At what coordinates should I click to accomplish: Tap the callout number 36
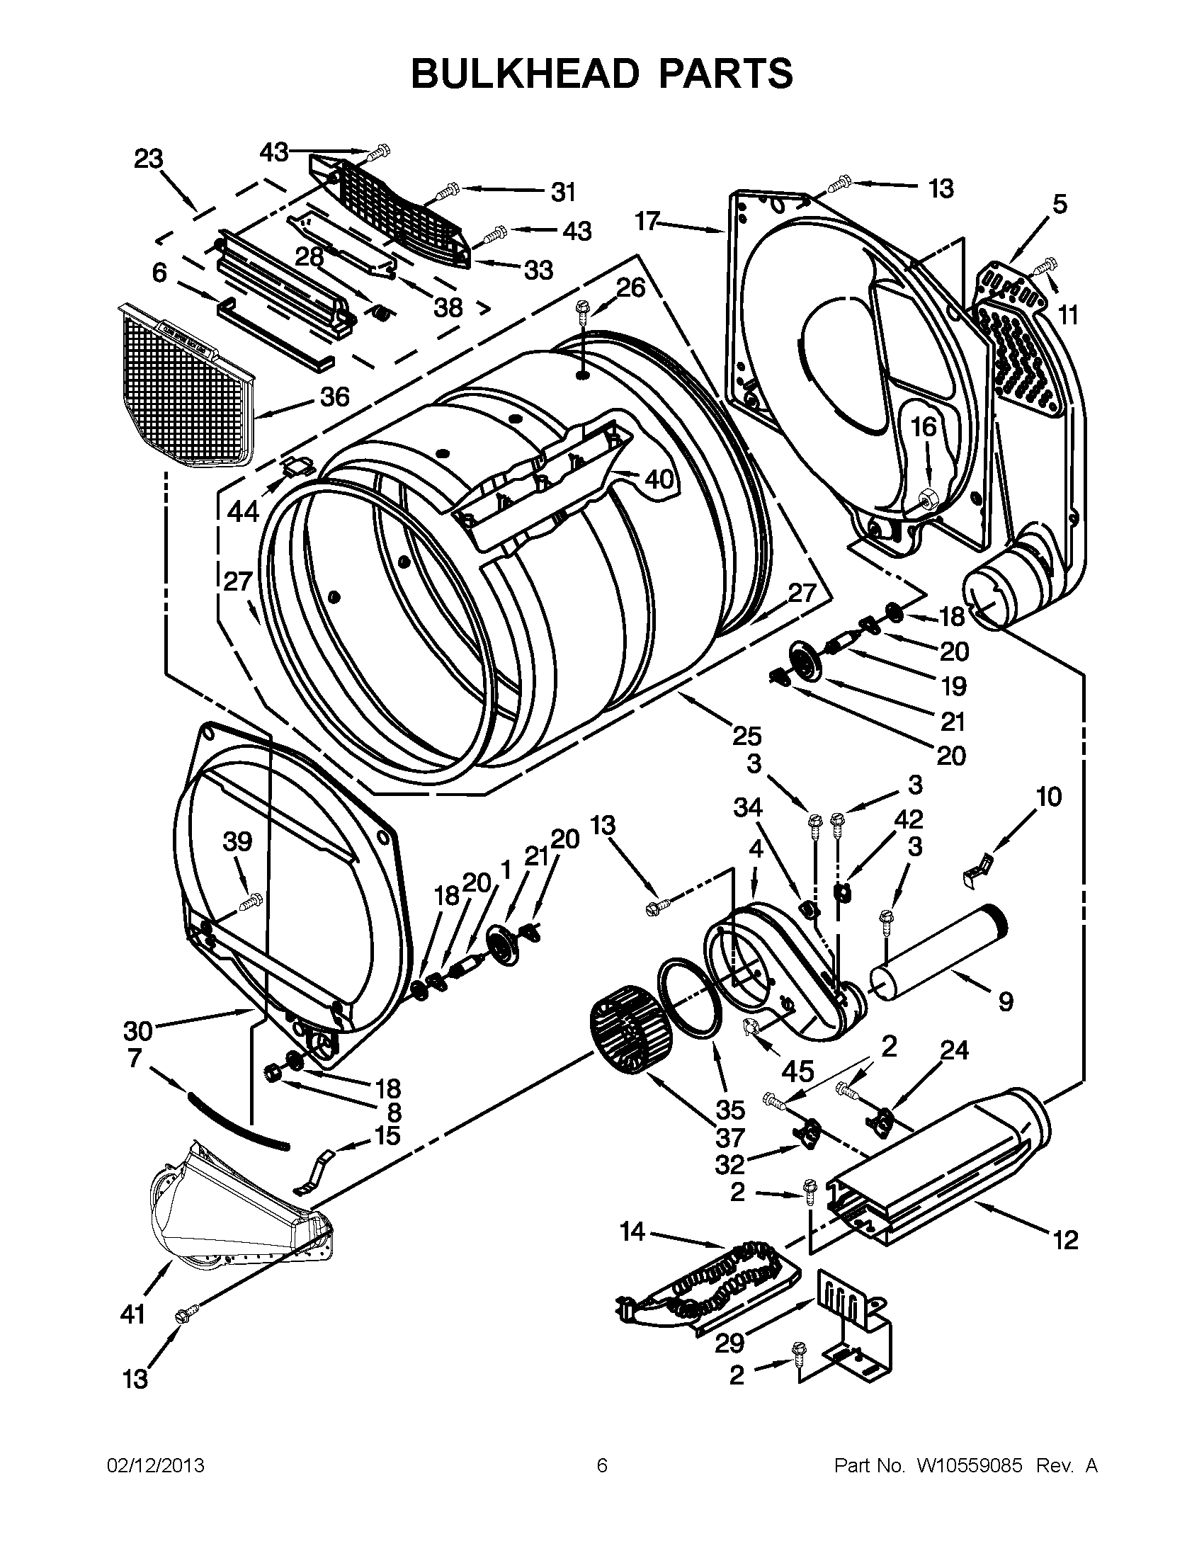(334, 396)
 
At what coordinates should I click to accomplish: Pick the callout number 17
(647, 222)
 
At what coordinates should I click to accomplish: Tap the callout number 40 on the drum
(659, 479)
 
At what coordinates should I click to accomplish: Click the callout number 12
(1065, 1240)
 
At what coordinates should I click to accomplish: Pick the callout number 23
(148, 159)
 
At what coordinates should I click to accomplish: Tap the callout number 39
(237, 842)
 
